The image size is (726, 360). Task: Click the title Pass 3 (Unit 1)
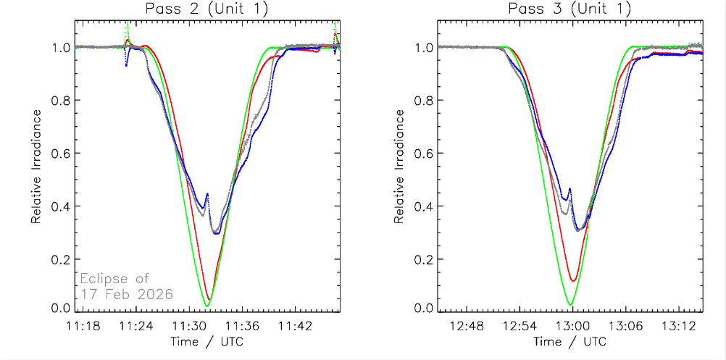[570, 9]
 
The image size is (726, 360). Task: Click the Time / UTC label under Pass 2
[207, 341]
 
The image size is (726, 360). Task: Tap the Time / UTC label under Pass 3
[570, 341]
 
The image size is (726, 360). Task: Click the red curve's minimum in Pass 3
[573, 280]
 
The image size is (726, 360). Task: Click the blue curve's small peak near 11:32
[207, 194]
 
